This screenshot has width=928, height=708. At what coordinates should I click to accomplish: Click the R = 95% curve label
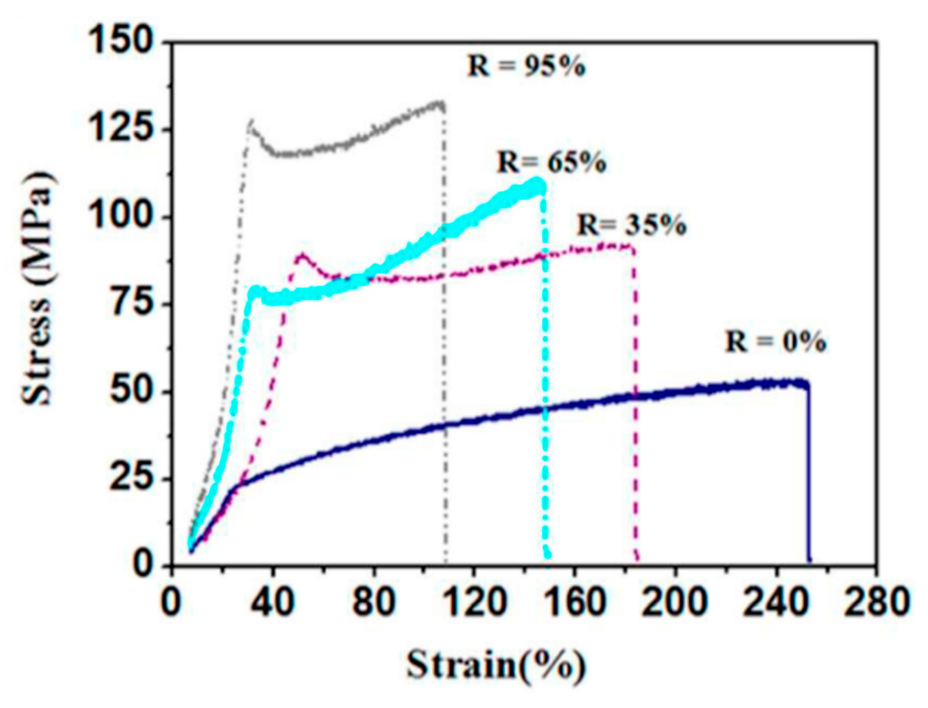[x=526, y=67]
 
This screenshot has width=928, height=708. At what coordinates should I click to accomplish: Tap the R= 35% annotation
[x=632, y=225]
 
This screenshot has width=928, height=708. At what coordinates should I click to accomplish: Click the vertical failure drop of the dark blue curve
[x=808, y=476]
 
